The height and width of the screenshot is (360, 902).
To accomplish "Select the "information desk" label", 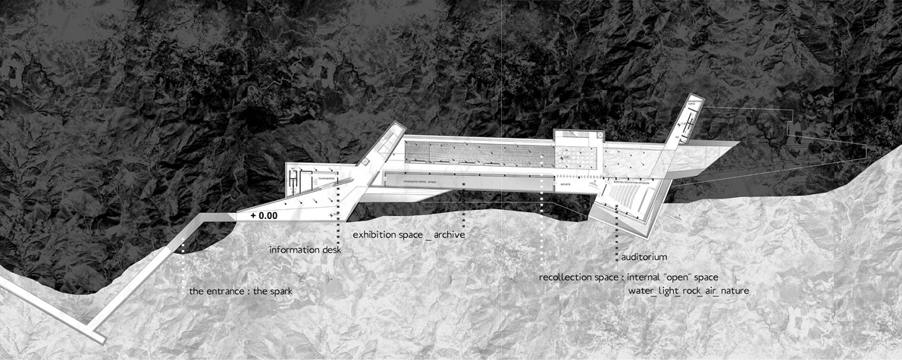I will coord(305,249).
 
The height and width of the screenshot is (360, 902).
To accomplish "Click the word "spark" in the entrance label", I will coord(277,291).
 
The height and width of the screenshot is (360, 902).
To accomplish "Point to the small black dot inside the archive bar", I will coord(464,183).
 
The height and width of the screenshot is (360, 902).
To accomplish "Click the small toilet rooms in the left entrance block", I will coord(295,182).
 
